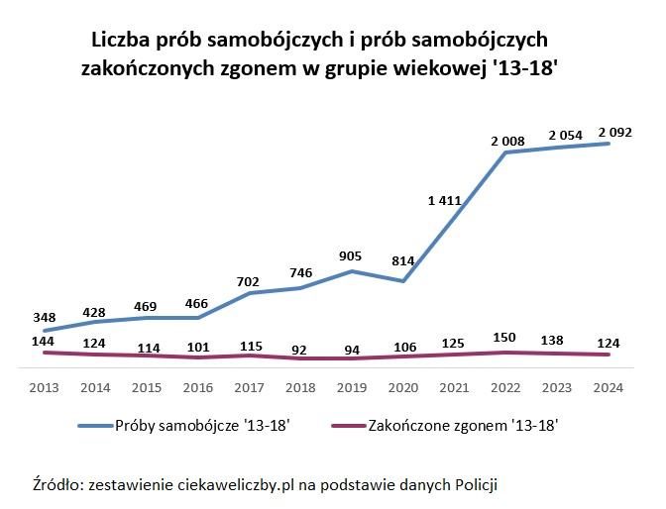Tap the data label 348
pyautogui.click(x=45, y=317)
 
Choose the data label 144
pyautogui.click(x=45, y=339)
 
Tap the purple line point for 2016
pyautogui.click(x=199, y=356)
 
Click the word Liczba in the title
pyautogui.click(x=120, y=41)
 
